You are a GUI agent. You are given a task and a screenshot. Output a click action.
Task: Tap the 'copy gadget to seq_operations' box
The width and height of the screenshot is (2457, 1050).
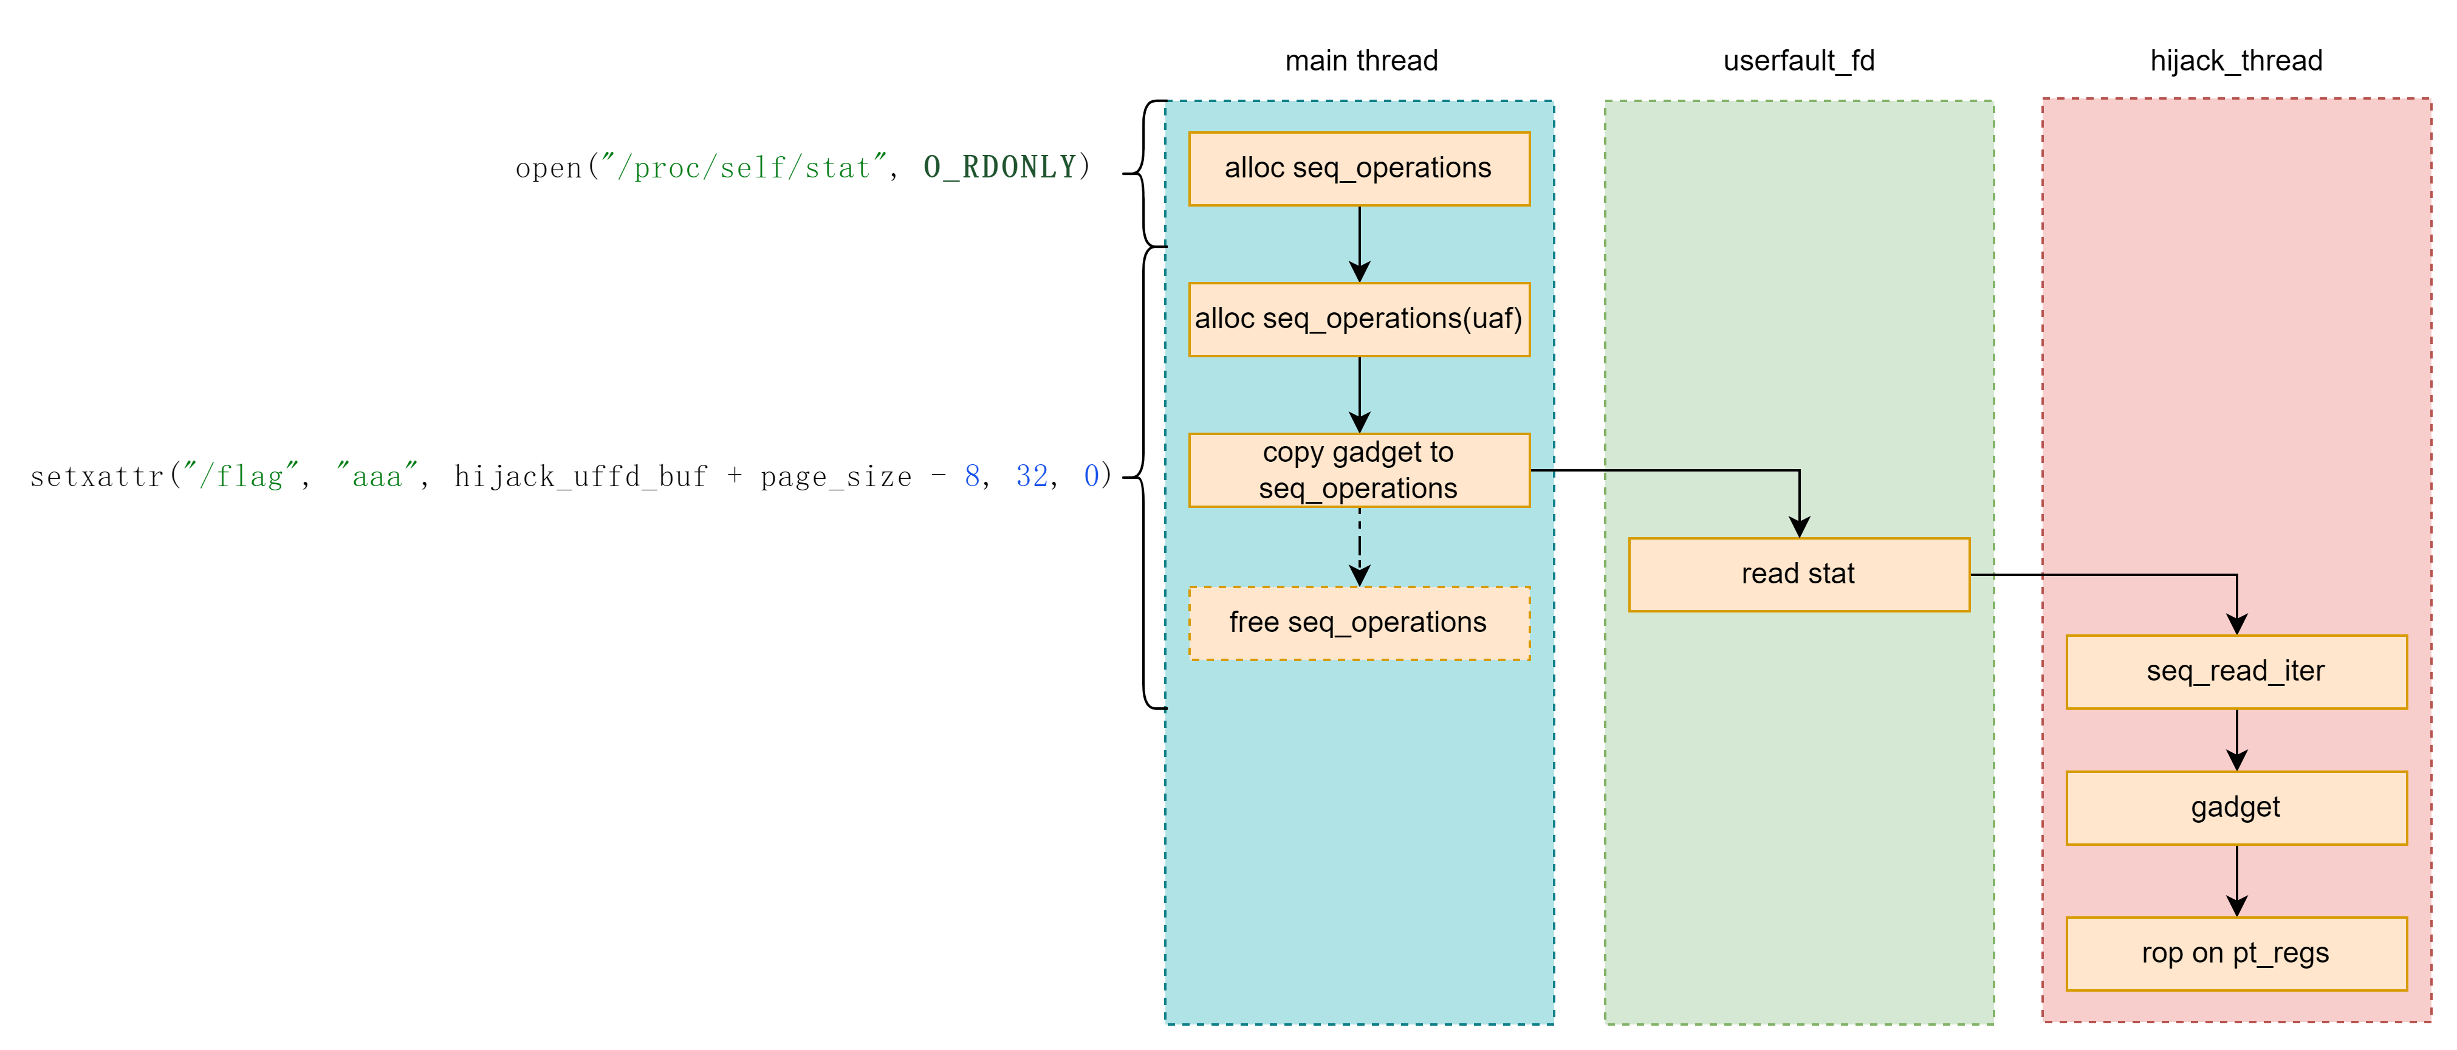(x=1359, y=470)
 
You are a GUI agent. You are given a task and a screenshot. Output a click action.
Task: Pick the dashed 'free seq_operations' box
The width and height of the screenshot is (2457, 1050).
(x=1359, y=623)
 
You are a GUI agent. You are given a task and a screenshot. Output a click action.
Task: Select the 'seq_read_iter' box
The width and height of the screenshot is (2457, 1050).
(x=2236, y=671)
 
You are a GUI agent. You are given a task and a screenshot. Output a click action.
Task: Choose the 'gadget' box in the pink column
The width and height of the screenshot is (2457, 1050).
(x=2236, y=808)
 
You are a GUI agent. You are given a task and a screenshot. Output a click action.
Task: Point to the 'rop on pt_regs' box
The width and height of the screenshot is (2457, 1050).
(x=2236, y=953)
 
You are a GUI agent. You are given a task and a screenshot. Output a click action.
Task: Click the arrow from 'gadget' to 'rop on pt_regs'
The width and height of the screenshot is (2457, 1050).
(x=2236, y=880)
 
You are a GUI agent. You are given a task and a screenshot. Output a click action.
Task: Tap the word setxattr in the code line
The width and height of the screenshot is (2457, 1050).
(x=97, y=476)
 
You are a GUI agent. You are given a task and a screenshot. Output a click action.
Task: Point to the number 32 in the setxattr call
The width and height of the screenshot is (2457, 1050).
(x=1032, y=476)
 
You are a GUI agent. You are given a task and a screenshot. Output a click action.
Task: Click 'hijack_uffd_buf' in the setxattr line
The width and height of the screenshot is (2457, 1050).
(x=580, y=476)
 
